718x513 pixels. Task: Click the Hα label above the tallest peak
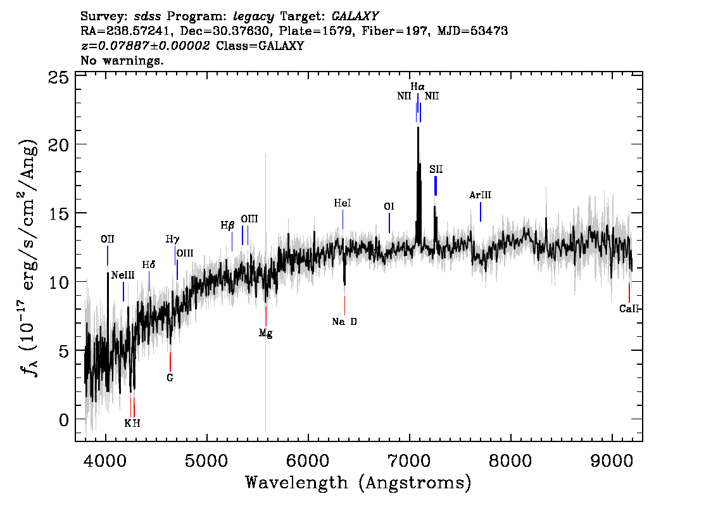[417, 87]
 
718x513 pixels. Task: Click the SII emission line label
[436, 170]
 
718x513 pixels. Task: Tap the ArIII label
[481, 195]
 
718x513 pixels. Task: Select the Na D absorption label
[344, 322]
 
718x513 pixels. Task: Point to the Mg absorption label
[265, 333]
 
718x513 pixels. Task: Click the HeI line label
[343, 203]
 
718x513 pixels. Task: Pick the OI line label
[389, 206]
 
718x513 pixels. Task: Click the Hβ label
[227, 225]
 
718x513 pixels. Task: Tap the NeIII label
[123, 275]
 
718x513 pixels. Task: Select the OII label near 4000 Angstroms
[108, 239]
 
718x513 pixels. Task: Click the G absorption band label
[170, 378]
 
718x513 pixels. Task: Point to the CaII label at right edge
[629, 308]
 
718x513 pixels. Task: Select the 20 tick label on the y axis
[58, 145]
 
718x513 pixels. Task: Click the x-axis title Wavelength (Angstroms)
[358, 483]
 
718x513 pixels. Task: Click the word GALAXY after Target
[355, 16]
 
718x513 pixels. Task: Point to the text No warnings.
[122, 60]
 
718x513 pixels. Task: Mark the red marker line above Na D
[344, 305]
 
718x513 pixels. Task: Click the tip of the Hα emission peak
[418, 127]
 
